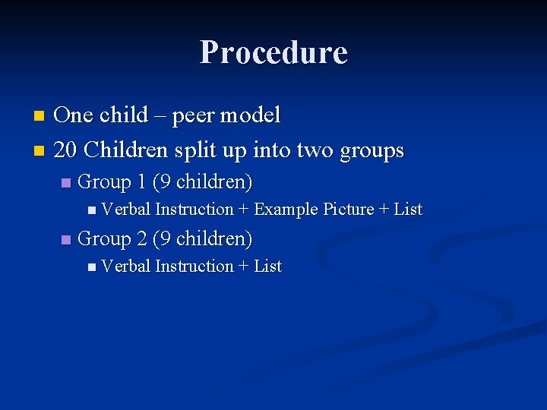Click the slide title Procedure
tap(273, 52)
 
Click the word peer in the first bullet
tap(196, 116)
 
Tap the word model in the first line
tap(252, 115)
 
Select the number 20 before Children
tap(66, 150)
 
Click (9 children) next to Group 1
tap(203, 182)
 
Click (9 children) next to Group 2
tap(203, 239)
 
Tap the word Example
tap(286, 210)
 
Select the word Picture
tap(348, 210)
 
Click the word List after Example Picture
tap(407, 210)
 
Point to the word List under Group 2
tap(267, 266)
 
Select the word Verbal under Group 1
tap(125, 210)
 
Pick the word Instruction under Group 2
tap(194, 266)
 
